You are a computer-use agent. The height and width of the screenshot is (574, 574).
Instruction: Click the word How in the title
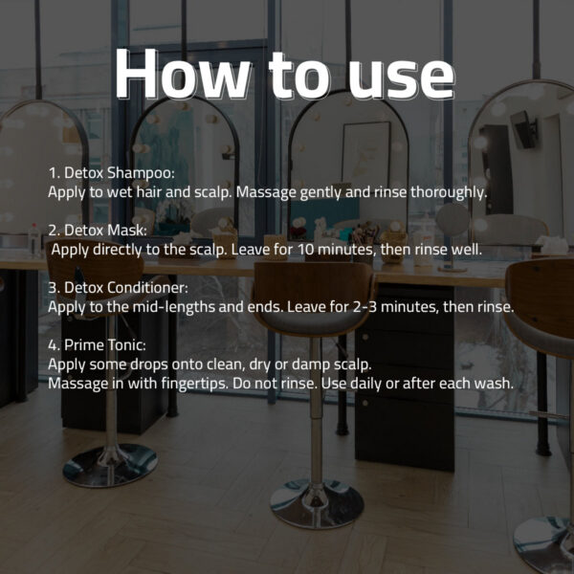coord(183,74)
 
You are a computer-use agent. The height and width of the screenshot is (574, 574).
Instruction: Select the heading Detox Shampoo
coord(120,173)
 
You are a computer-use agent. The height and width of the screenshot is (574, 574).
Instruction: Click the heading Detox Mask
coord(106,231)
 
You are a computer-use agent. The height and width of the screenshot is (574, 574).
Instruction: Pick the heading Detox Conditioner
coord(126,288)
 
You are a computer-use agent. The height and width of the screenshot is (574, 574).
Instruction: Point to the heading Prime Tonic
coord(105,345)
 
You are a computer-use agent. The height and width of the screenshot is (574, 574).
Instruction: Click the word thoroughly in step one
coord(449,192)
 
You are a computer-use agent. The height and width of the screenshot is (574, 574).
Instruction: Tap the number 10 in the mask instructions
coord(306,250)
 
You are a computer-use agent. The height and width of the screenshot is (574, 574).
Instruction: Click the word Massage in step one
coord(266,192)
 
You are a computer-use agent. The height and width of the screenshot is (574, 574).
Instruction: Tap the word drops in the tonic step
coord(149,364)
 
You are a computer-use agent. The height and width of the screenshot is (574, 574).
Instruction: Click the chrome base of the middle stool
coord(317,504)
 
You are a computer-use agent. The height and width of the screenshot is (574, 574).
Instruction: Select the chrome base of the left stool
coord(110,465)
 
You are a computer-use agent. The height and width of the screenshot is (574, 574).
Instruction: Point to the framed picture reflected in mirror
coord(366,154)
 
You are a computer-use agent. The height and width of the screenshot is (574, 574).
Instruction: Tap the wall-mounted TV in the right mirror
coord(524,129)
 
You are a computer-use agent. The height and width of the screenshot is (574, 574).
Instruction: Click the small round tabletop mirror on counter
coord(453,220)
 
